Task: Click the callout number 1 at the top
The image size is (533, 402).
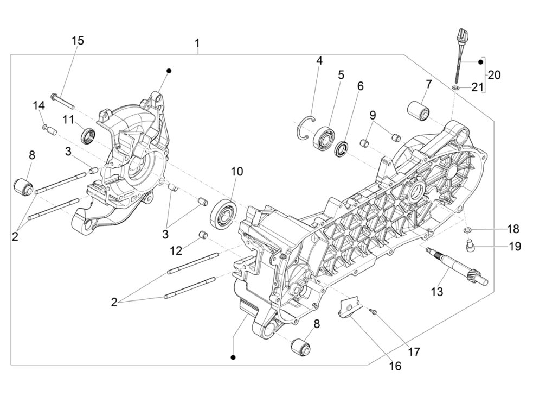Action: tap(197, 43)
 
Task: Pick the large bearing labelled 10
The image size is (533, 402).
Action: tap(223, 212)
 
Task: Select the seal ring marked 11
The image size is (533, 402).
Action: tap(88, 135)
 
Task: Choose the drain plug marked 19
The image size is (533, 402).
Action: tap(470, 248)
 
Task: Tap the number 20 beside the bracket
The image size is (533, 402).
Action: tap(493, 75)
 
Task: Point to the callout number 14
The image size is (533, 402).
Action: tap(38, 105)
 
